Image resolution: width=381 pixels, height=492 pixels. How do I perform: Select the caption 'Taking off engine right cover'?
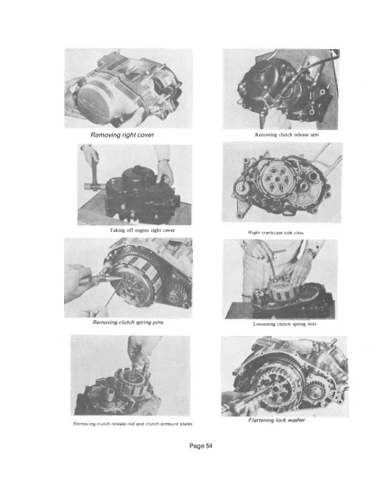(x=129, y=230)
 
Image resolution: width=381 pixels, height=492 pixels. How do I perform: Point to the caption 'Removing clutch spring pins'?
(x=128, y=323)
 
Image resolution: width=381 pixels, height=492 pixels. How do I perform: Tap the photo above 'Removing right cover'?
(x=128, y=88)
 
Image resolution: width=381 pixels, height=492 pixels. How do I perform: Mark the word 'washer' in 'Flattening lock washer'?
(x=293, y=420)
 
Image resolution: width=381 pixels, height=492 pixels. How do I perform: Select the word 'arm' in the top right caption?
(x=314, y=134)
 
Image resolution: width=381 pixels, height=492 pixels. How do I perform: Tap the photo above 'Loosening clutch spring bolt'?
(x=280, y=279)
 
